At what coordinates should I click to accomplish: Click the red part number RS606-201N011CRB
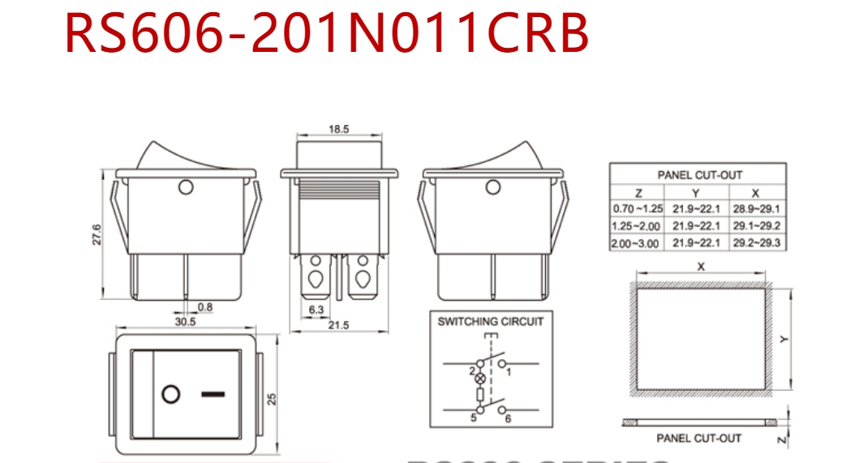coord(326,34)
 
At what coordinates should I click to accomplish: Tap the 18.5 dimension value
coord(339,130)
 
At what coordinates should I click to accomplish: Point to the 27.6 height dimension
coord(97,234)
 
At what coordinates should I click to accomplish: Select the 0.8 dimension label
coord(205,307)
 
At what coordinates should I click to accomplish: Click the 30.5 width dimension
coord(186,322)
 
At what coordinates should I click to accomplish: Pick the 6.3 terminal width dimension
coord(316,309)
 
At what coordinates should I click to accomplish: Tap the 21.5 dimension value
coord(338,325)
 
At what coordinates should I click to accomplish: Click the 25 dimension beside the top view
coord(273,398)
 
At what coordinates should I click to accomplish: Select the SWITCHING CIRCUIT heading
coord(491,321)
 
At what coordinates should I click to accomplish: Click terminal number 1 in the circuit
coord(509,372)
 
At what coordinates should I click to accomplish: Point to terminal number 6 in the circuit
coord(508,418)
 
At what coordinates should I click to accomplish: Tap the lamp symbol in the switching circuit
coord(479,379)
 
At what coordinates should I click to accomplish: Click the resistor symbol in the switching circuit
coord(479,397)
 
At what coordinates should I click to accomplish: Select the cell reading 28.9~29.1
coord(756,209)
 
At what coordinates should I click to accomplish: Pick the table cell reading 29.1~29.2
coord(756,226)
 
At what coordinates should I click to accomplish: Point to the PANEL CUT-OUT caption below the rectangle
coord(698,439)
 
